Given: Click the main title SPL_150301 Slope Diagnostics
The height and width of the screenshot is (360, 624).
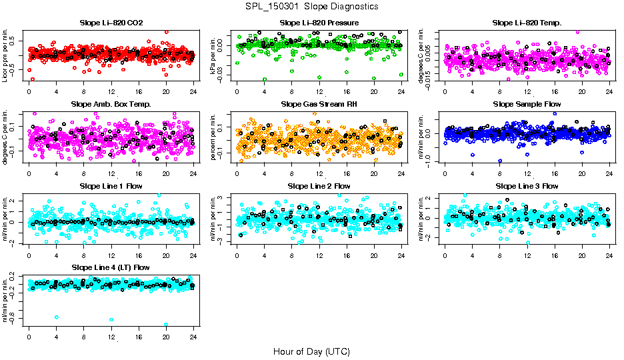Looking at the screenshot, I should (311, 6).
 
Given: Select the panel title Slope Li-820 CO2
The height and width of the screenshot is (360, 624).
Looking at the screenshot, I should (111, 23).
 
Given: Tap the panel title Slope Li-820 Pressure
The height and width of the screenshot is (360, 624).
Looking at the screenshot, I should (319, 23).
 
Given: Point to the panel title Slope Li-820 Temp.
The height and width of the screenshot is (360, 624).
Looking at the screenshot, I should (527, 23).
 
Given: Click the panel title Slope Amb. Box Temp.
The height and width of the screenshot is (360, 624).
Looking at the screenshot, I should (111, 104).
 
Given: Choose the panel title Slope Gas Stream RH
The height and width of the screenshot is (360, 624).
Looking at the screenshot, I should (319, 104).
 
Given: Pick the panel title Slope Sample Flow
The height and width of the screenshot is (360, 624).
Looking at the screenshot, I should (527, 104).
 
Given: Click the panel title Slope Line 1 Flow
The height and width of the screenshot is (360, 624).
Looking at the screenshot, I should (111, 186).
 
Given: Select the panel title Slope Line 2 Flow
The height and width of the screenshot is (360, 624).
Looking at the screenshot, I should (319, 186).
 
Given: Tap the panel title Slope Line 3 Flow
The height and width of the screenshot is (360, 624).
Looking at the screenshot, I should (527, 186).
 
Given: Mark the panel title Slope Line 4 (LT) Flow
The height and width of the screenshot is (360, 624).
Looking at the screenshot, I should (111, 267).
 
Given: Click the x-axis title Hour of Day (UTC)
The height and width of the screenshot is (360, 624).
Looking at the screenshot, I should (311, 351).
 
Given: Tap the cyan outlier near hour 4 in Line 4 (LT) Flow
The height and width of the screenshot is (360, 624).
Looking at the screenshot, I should (57, 317).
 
